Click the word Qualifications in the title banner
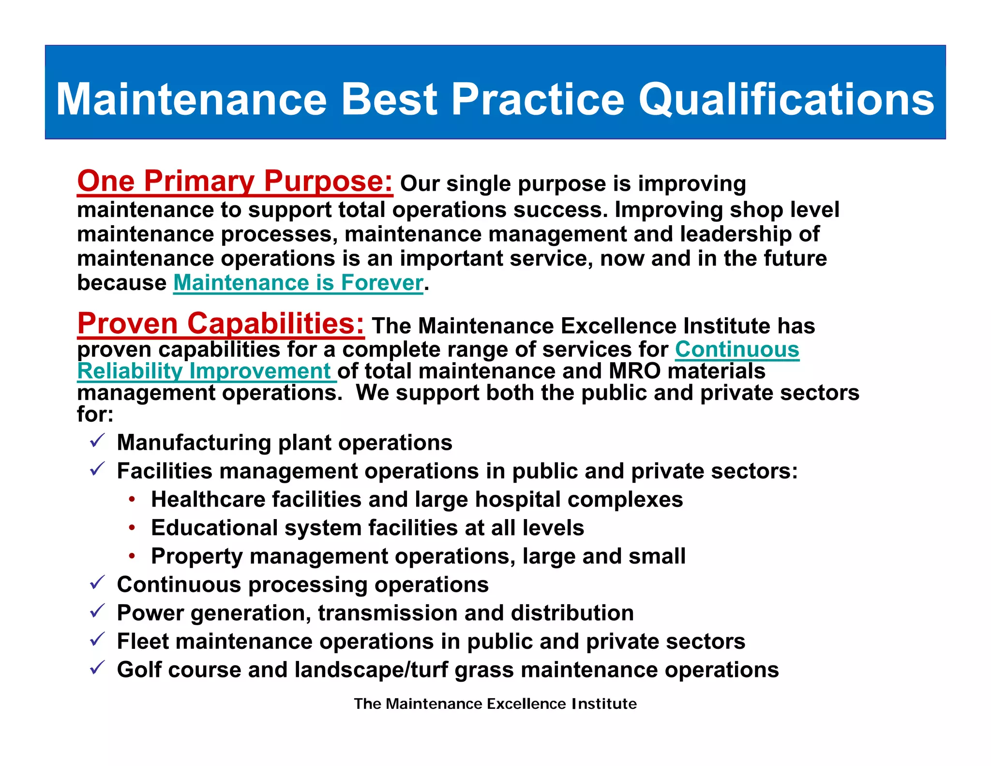tap(786, 100)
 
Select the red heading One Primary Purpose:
tap(235, 182)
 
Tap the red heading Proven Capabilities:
tap(221, 323)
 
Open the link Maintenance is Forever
tap(298, 283)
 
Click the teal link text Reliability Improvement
tap(204, 371)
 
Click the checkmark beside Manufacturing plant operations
tap(97, 441)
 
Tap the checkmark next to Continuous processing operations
tap(97, 583)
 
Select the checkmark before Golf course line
tap(97, 668)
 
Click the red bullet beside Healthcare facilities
tap(132, 499)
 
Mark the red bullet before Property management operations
tap(132, 556)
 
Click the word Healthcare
tap(208, 499)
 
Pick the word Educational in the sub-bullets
tap(214, 528)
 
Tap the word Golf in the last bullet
tap(139, 670)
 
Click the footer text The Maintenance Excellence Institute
tap(495, 704)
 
